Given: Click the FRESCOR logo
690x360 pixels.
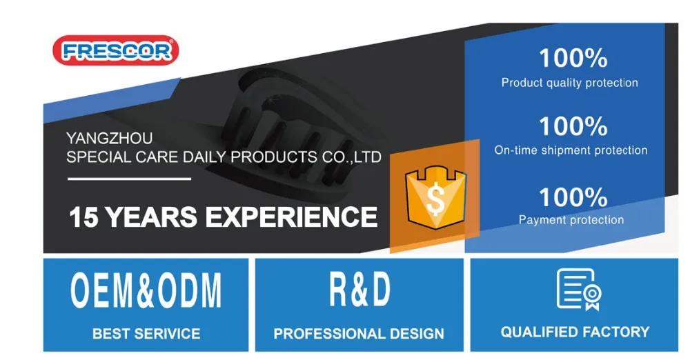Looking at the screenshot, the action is click(116, 50).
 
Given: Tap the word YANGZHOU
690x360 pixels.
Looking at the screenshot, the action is click(109, 138).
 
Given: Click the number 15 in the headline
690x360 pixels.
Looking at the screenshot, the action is click(83, 217).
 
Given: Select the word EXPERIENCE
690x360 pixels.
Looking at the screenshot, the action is click(291, 217).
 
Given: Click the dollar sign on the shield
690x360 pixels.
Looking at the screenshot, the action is click(435, 199).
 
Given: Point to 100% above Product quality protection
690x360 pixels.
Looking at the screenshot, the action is click(573, 58).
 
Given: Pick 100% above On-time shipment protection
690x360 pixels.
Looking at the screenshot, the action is click(573, 126).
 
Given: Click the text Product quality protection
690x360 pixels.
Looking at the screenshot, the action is click(569, 83).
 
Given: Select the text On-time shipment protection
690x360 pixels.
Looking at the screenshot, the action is click(571, 150).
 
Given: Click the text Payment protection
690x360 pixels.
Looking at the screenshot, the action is click(571, 219).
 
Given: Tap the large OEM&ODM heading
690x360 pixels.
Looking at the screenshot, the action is click(146, 290).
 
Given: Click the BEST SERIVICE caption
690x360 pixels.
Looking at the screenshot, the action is click(146, 334).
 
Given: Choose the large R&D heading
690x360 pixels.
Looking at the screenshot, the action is click(359, 289).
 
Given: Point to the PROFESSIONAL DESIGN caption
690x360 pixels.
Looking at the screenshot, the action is click(359, 334).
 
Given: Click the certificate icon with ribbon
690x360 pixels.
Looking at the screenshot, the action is click(579, 290).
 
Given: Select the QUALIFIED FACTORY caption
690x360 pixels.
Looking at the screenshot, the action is click(575, 332).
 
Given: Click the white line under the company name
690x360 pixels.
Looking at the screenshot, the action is click(130, 179).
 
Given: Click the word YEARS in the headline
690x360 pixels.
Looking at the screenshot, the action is click(150, 217).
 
